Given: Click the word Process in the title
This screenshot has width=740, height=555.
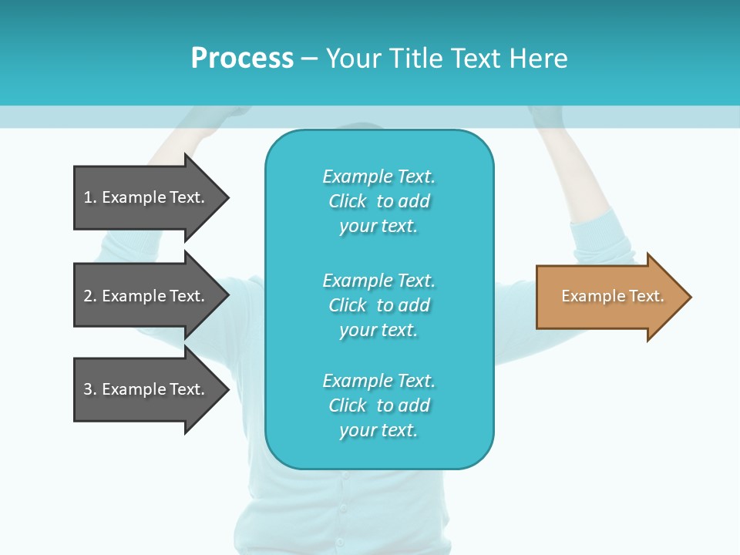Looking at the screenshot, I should (242, 59).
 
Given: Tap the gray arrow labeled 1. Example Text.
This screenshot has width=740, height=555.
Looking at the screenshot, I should (146, 197).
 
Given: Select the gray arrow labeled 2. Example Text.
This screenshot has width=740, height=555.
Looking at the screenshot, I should (146, 296).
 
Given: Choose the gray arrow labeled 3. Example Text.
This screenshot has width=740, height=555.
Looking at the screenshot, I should (146, 389).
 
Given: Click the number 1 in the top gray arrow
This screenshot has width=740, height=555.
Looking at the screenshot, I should (88, 197).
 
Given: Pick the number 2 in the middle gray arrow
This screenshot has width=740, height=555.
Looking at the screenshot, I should (88, 296).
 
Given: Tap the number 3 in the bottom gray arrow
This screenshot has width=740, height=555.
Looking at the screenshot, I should (88, 389).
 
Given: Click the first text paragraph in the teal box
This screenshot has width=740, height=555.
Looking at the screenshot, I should (378, 201).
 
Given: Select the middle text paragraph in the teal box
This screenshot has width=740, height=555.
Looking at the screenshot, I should (378, 305).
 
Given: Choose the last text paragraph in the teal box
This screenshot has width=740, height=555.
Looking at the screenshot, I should (378, 405).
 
